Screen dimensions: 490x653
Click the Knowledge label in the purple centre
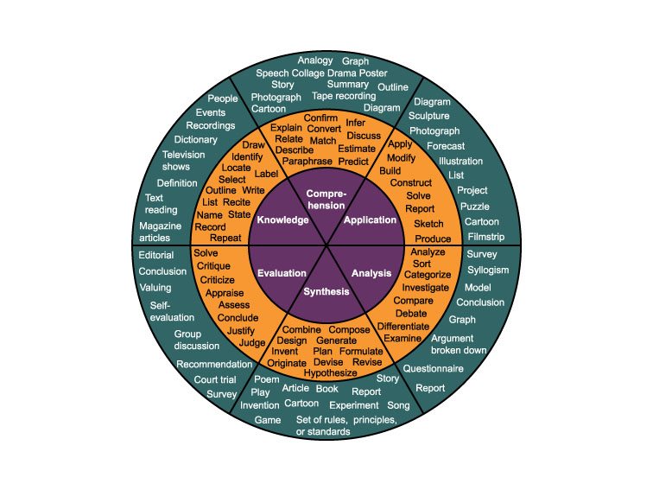282,220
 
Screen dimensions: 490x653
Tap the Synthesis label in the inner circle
326,291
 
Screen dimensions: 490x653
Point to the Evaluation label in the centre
282,273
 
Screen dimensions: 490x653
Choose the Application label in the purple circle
370,220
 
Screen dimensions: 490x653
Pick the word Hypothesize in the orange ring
336,373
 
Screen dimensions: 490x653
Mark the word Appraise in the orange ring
225,293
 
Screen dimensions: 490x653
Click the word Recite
237,201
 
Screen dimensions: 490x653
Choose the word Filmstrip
485,236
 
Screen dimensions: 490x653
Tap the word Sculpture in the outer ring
428,116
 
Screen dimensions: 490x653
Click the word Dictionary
195,139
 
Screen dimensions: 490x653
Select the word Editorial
156,255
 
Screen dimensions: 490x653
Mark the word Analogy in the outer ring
315,60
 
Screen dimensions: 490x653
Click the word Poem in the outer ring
267,379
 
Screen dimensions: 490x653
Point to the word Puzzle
475,207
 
